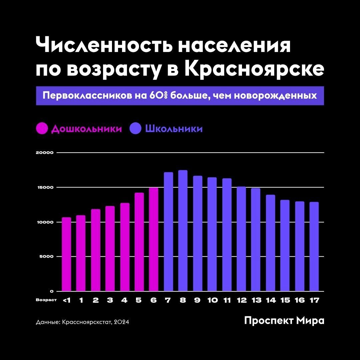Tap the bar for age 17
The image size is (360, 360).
click(314, 247)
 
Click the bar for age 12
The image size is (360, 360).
click(241, 239)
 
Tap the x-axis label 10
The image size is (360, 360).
click(212, 300)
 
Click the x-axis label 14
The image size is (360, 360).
click(271, 300)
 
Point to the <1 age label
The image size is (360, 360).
click(66, 300)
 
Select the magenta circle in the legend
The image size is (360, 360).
click(42, 129)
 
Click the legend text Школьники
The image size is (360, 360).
click(174, 129)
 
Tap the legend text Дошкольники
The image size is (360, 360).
click(86, 129)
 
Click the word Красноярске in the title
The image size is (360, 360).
click(254, 69)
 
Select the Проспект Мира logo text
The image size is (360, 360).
click(284, 321)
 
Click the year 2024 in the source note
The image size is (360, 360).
click(121, 322)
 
